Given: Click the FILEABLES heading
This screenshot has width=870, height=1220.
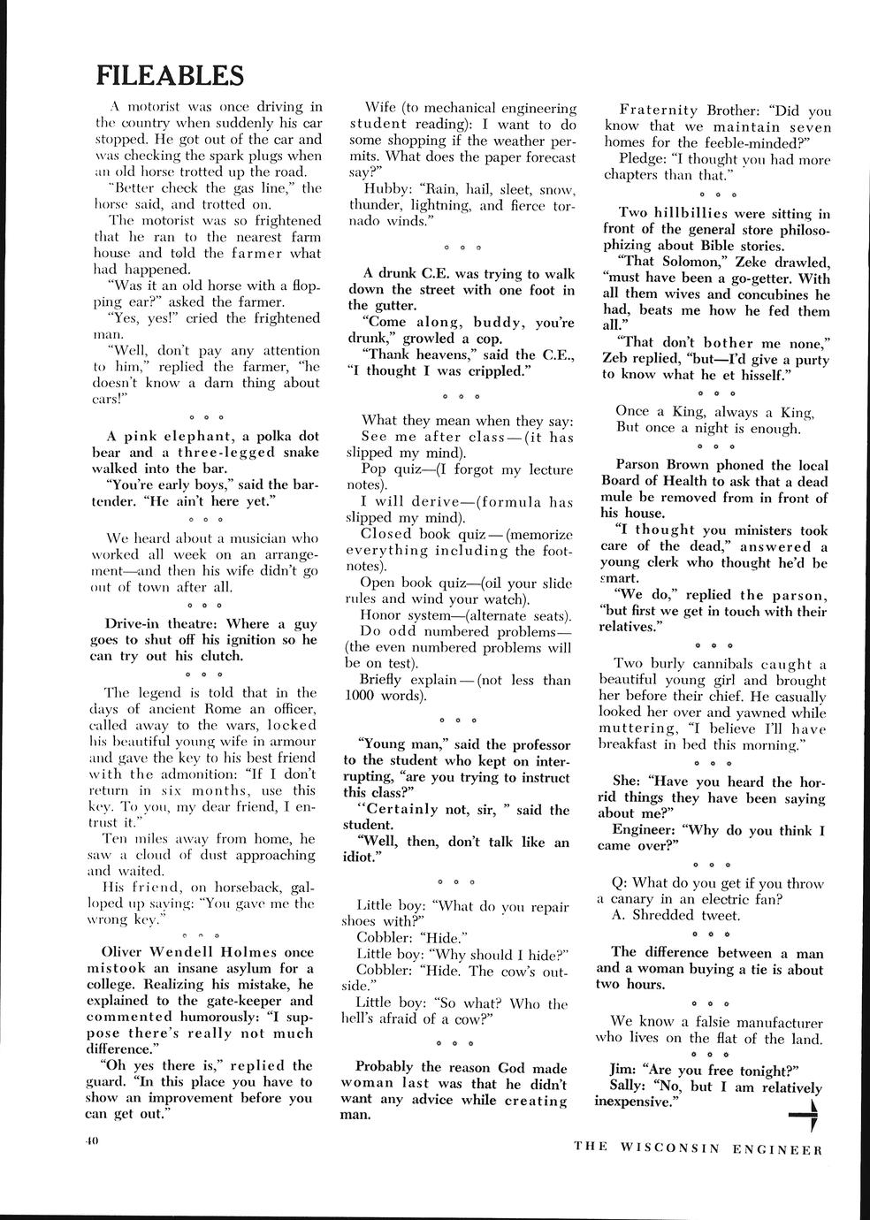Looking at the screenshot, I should coord(170,75).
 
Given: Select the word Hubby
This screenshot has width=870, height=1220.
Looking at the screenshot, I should coord(385,189).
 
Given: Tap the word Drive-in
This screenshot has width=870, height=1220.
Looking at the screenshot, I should coord(132,624).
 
